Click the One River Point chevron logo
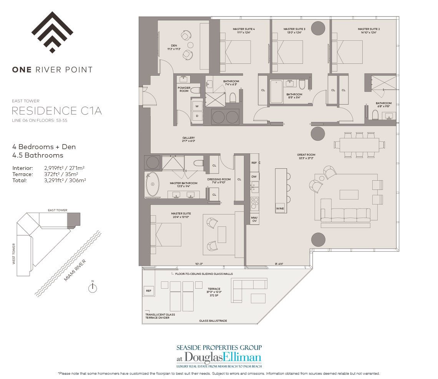[52, 32]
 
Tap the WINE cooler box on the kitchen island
[280, 209]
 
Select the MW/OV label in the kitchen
[254, 219]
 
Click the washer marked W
[197, 106]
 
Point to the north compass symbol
[92, 288]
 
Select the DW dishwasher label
[254, 176]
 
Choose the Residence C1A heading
[56, 111]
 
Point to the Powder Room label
[184, 89]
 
